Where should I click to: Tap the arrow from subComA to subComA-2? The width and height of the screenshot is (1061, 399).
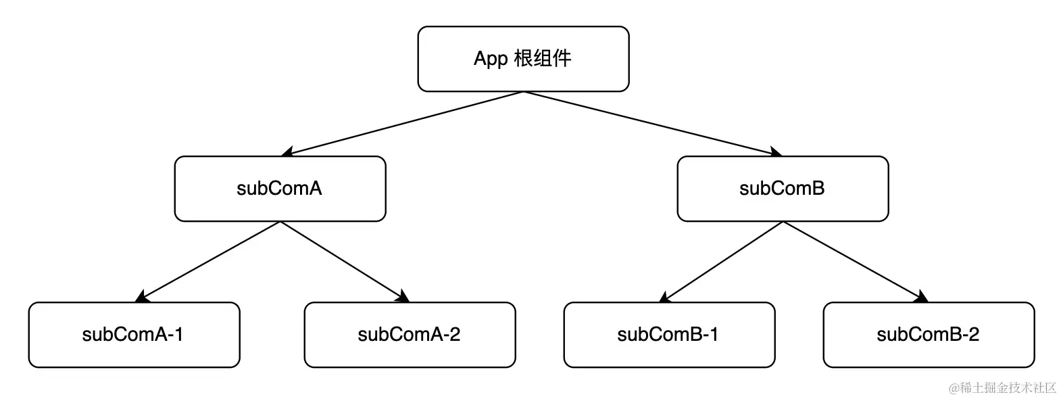[x=345, y=261]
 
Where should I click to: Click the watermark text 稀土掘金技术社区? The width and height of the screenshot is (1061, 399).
[x=1002, y=388]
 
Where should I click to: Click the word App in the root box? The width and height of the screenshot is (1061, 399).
[x=491, y=59]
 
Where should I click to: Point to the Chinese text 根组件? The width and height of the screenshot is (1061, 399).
[x=543, y=59]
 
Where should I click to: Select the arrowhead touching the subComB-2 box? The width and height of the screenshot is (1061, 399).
[x=922, y=297]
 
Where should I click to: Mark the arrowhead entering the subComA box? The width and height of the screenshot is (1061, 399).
[x=287, y=152]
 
